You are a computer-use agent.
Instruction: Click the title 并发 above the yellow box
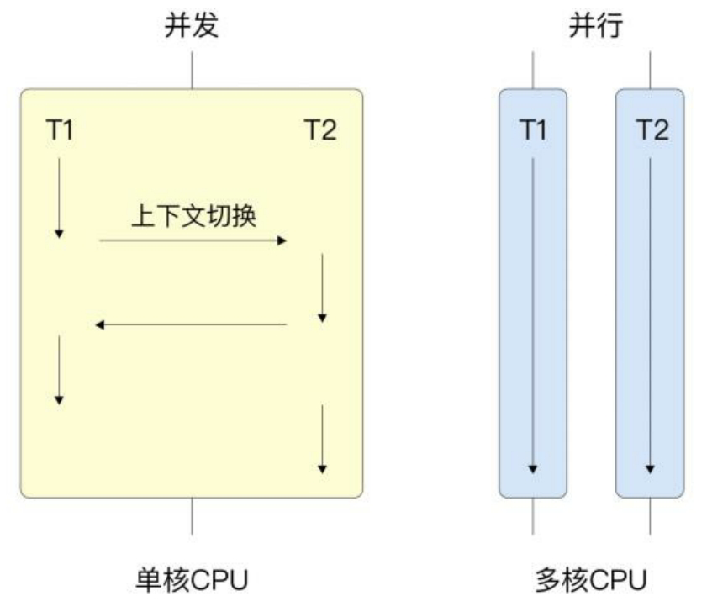click(x=191, y=26)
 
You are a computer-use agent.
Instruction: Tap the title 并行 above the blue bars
click(x=592, y=26)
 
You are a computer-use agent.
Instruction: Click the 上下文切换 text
click(x=193, y=214)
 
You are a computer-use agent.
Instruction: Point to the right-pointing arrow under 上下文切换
click(x=193, y=241)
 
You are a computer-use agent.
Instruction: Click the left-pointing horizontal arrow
click(x=191, y=324)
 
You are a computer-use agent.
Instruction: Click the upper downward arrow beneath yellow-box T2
click(x=322, y=286)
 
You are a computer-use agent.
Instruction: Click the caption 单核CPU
click(x=191, y=580)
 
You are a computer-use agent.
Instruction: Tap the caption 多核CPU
click(x=592, y=580)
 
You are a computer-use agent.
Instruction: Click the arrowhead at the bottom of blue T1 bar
click(x=533, y=468)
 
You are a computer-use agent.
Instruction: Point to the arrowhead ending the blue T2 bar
click(x=650, y=468)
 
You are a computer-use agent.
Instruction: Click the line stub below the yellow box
click(x=192, y=515)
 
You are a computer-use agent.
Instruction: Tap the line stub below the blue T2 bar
click(x=650, y=515)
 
